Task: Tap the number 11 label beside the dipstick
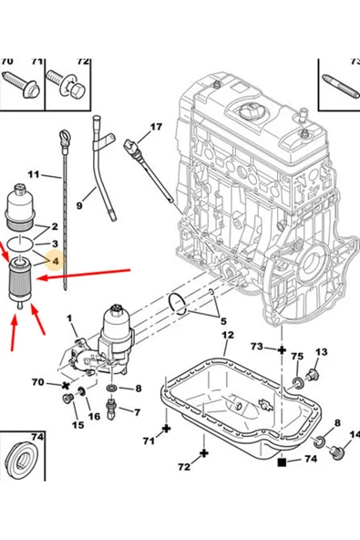tap(34, 174)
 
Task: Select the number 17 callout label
tap(155, 127)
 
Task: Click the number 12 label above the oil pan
tap(224, 336)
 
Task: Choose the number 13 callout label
tap(321, 352)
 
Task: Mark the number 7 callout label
tap(138, 412)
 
